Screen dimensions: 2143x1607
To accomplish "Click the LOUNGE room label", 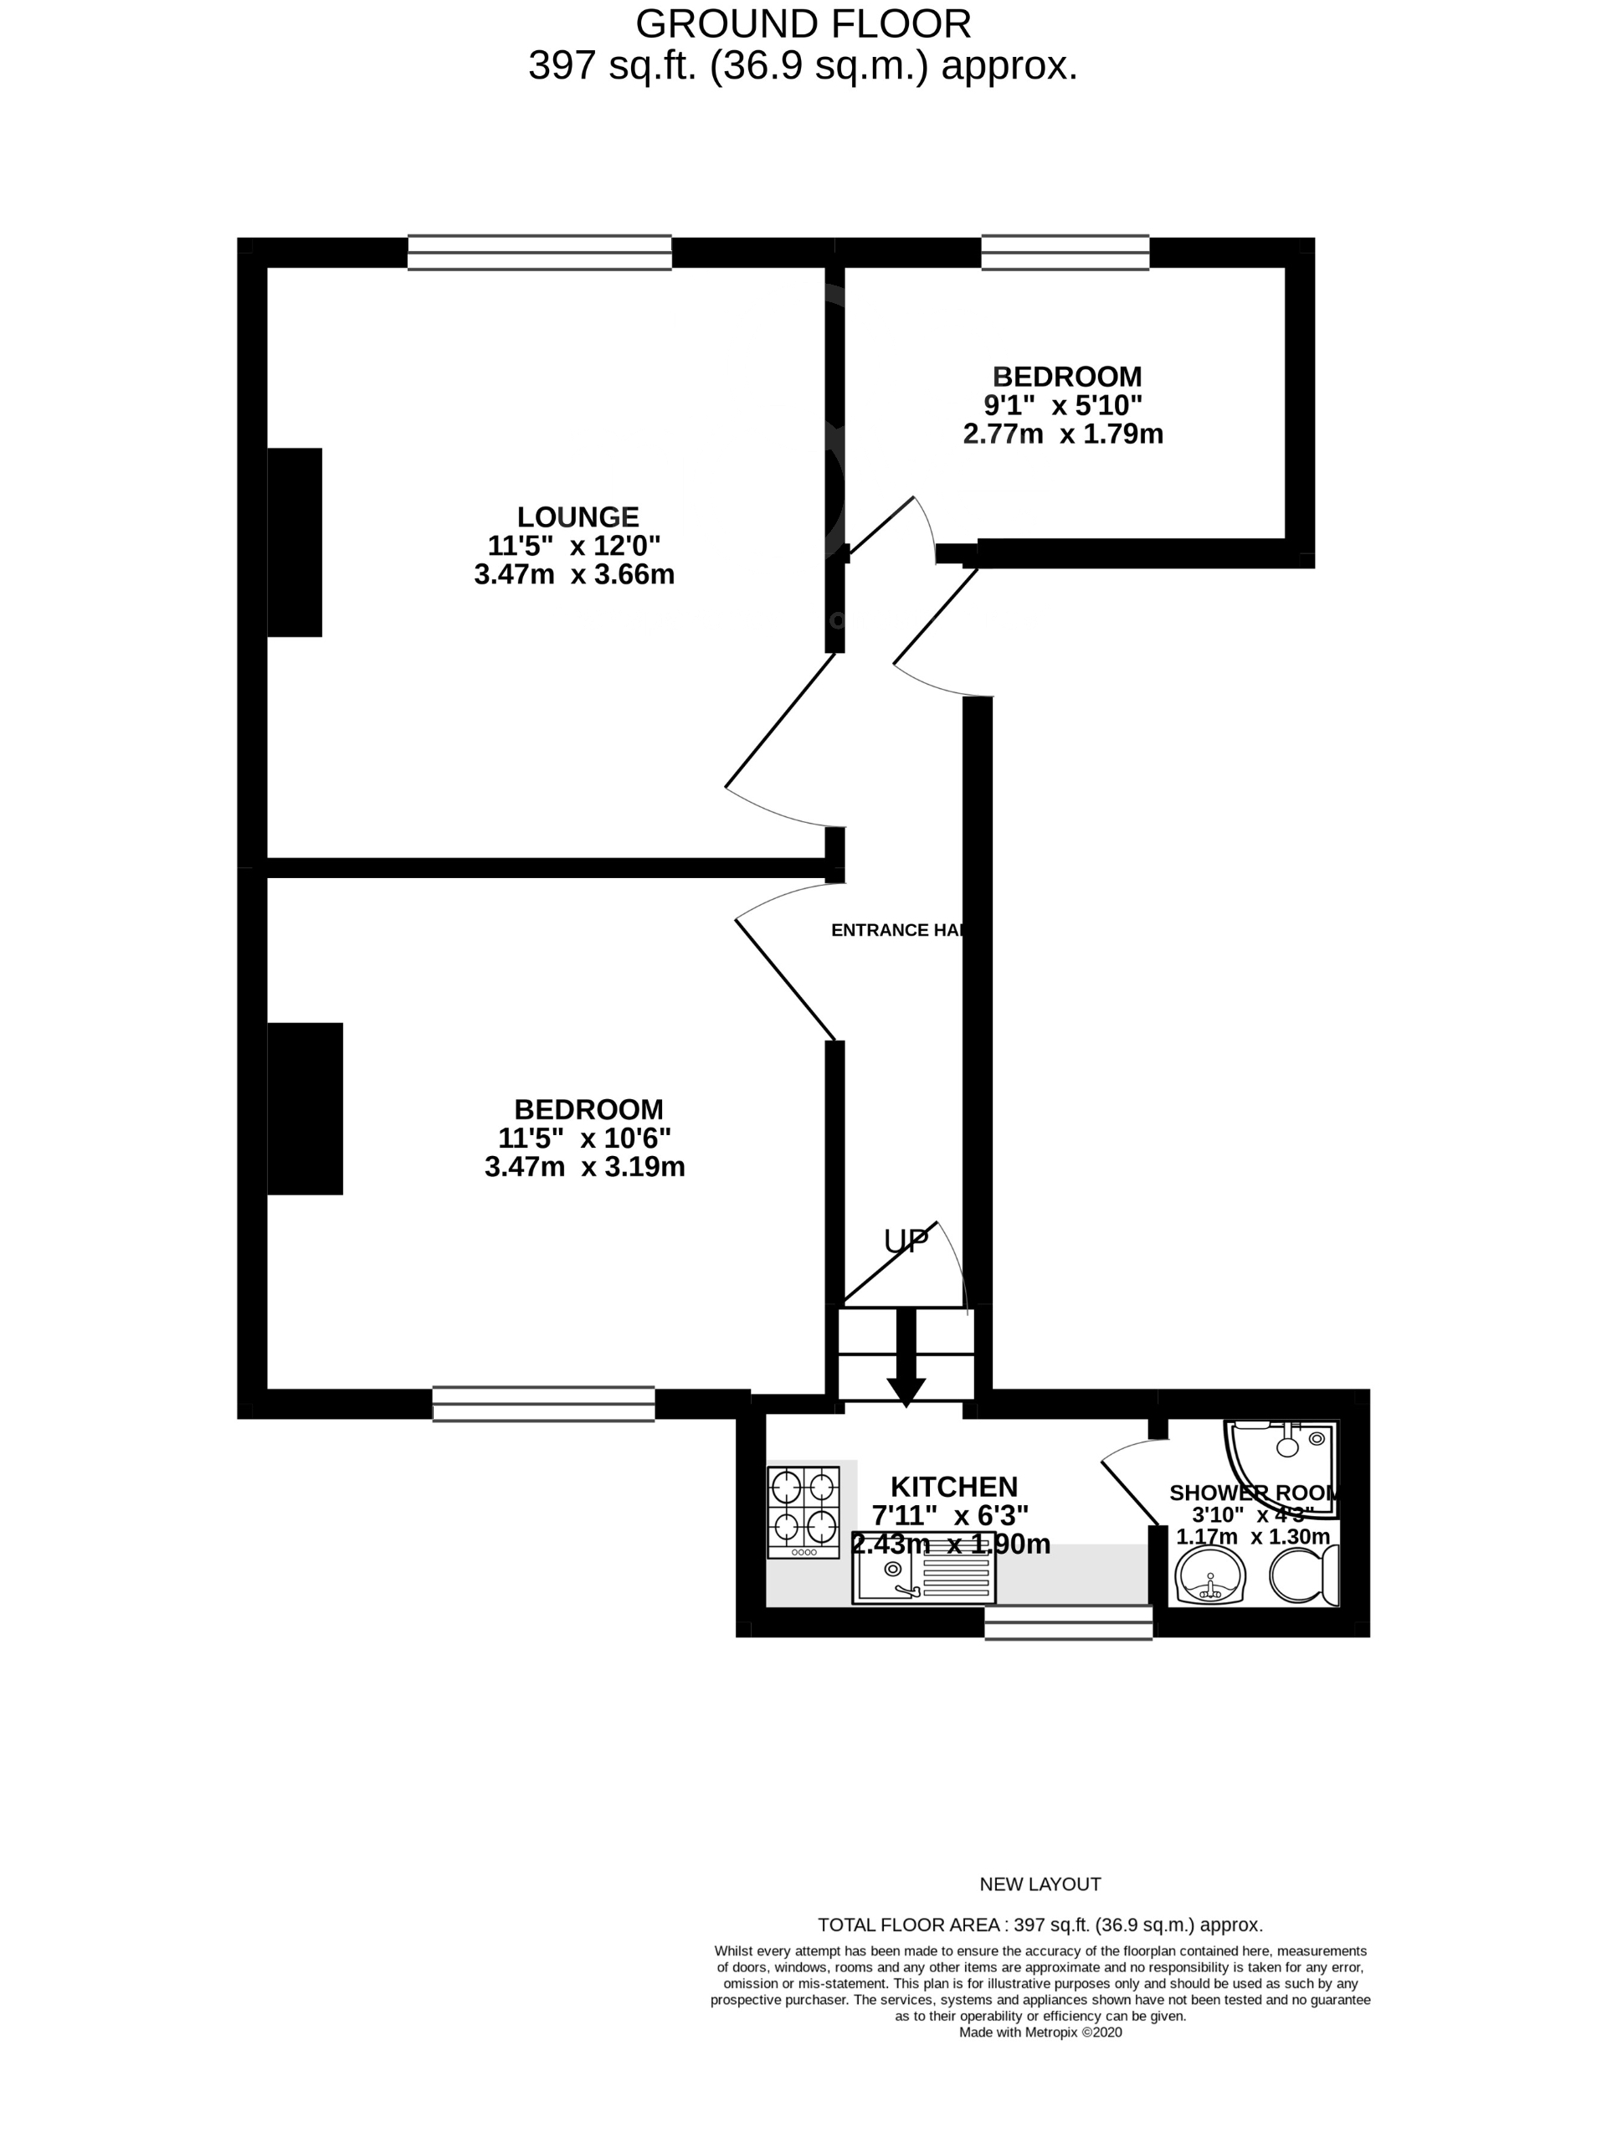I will click(578, 516).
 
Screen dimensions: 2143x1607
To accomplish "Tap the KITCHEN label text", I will click(953, 1486).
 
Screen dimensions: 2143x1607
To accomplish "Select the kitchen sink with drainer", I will click(923, 1578).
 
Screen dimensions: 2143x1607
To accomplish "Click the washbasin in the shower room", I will click(1209, 1576).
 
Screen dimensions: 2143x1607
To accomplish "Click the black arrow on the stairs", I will click(906, 1357).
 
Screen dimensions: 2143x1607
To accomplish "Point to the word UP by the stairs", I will click(906, 1241).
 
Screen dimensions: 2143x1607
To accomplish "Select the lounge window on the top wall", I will click(540, 252).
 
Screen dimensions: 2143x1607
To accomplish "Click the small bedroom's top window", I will click(1065, 252).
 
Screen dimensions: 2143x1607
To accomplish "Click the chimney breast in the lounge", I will click(295, 542).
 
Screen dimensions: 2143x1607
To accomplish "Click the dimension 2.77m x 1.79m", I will click(1063, 433).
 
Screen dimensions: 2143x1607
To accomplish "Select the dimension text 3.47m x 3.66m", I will click(574, 574).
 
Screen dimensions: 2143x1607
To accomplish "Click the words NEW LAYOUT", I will click(1040, 1883).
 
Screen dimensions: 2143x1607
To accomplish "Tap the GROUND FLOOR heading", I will click(803, 23).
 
